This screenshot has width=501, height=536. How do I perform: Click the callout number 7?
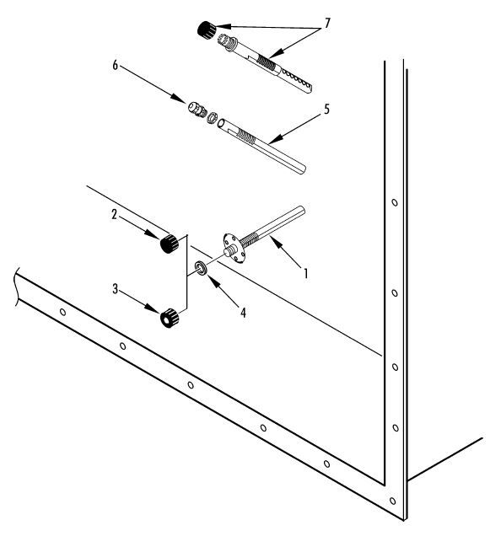pyautogui.click(x=327, y=24)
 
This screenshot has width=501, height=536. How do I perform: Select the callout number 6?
pyautogui.click(x=115, y=65)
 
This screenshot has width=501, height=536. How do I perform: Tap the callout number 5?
pyautogui.click(x=326, y=110)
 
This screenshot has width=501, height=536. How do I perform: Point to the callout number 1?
pyautogui.click(x=306, y=273)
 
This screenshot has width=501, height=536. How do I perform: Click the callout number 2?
pyautogui.click(x=115, y=215)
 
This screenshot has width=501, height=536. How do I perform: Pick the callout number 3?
pyautogui.click(x=115, y=289)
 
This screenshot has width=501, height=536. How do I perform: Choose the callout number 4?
pyautogui.click(x=243, y=313)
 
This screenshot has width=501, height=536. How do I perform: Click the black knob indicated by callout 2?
pyautogui.click(x=170, y=244)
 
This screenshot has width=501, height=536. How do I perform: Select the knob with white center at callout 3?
pyautogui.click(x=170, y=318)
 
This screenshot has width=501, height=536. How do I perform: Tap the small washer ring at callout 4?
pyautogui.click(x=201, y=268)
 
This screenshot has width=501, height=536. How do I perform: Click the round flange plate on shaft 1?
pyautogui.click(x=234, y=248)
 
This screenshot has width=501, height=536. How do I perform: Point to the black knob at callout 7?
pyautogui.click(x=207, y=29)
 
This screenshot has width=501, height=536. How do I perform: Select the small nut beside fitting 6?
pyautogui.click(x=213, y=118)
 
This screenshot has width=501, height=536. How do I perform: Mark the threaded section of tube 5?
pyautogui.click(x=246, y=137)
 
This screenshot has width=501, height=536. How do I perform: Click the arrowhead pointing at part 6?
pyautogui.click(x=179, y=98)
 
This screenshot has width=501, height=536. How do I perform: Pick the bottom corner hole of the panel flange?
pyautogui.click(x=392, y=501)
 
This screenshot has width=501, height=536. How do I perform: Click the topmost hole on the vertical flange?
pyautogui.click(x=395, y=203)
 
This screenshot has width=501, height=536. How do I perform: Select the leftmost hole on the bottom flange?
pyautogui.click(x=62, y=312)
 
